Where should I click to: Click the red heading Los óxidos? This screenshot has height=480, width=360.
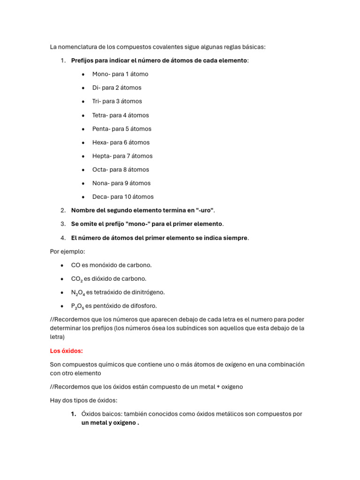66,351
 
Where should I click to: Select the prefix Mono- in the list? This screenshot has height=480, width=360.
101,74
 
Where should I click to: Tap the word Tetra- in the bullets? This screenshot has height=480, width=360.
101,115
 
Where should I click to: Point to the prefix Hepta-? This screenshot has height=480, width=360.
102,156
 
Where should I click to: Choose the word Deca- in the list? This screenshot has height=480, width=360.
101,197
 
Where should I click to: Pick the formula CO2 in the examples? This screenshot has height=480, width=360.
76,279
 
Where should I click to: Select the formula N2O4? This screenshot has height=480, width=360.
78,292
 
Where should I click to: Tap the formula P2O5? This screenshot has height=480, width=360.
77,306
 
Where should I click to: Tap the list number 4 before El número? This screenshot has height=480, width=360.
63,238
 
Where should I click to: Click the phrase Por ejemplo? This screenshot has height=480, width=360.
68,251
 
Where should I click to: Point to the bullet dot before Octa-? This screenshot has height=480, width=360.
83,170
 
